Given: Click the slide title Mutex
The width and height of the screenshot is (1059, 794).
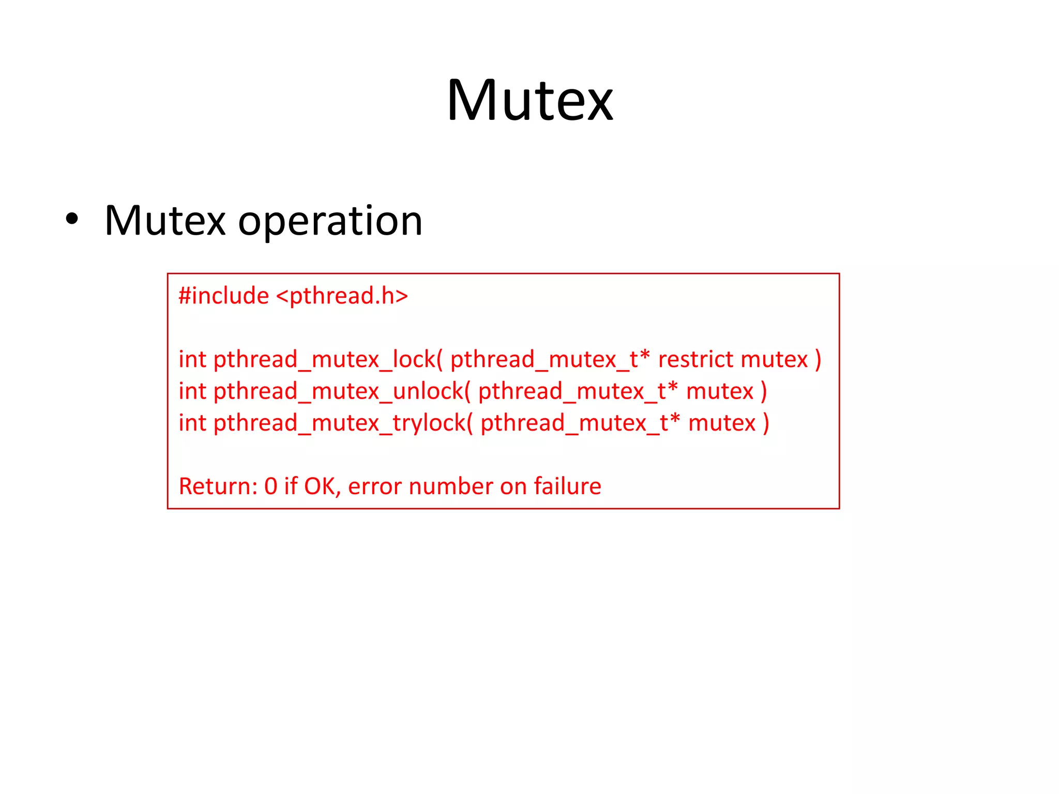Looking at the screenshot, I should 529,100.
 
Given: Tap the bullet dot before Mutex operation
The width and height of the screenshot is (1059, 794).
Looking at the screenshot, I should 72,219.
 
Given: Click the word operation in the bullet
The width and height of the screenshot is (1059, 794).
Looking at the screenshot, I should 330,221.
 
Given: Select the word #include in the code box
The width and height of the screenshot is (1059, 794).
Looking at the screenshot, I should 223,296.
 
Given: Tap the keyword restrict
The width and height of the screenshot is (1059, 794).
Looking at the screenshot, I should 695,359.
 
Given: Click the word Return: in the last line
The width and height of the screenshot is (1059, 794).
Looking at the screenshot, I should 218,486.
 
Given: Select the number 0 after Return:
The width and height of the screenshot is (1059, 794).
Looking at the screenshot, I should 270,486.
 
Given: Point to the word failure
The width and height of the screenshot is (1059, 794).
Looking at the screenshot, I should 567,486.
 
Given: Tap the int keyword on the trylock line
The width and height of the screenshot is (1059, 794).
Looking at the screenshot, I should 192,423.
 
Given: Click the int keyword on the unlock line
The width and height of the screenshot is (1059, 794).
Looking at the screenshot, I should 192,391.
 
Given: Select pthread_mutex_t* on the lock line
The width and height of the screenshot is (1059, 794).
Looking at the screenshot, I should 550,360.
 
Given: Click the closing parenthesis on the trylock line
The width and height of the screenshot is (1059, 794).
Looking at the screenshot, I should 766,423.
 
